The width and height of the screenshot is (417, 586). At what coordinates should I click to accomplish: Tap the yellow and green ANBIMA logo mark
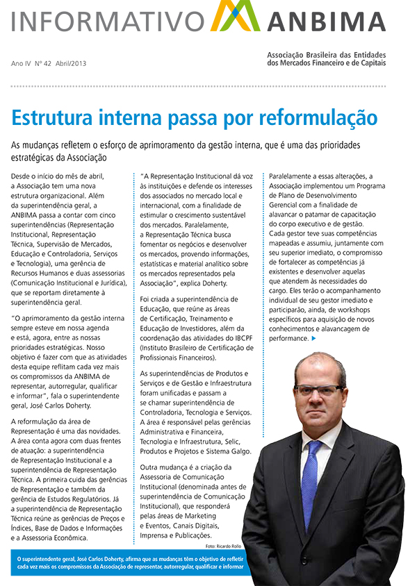pos(235,17)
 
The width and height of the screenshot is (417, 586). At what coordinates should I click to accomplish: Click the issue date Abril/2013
pos(72,63)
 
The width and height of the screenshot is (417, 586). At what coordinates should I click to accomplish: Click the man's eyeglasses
pos(318,390)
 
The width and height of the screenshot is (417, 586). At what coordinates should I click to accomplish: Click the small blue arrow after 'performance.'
pos(314,339)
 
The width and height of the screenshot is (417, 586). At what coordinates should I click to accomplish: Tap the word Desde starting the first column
pos(24,177)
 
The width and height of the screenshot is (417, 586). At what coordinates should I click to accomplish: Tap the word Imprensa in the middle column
pos(158,535)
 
